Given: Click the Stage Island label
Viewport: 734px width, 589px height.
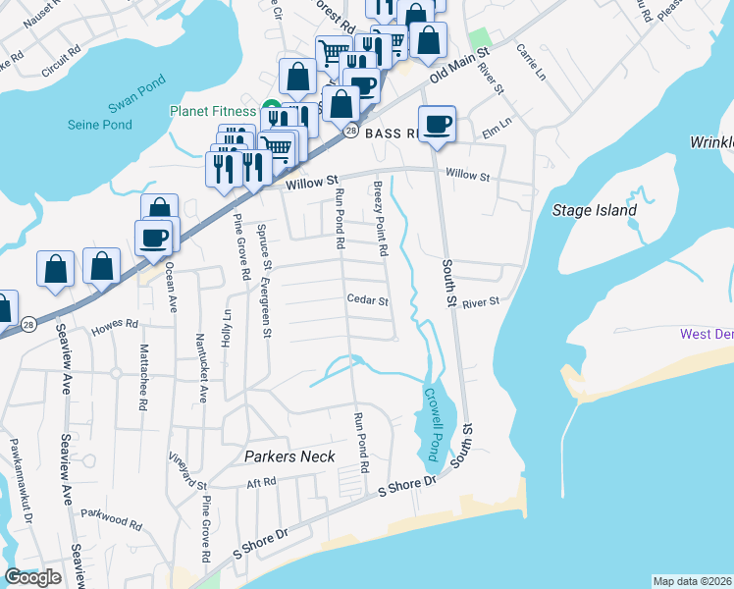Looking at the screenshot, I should point(595,210).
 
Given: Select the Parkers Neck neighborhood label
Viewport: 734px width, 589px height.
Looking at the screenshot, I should point(289,456).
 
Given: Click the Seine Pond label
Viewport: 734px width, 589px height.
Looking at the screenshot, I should point(99,125).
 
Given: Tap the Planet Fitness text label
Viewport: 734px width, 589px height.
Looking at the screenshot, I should point(212,111).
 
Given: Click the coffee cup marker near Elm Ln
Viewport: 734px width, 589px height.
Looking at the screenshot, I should point(438,126).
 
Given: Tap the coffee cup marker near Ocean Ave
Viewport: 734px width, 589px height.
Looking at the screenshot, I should point(154,238).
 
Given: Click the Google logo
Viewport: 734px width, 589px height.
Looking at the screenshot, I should point(32,577).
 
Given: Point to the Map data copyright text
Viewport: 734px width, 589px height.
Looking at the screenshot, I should point(692,581).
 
